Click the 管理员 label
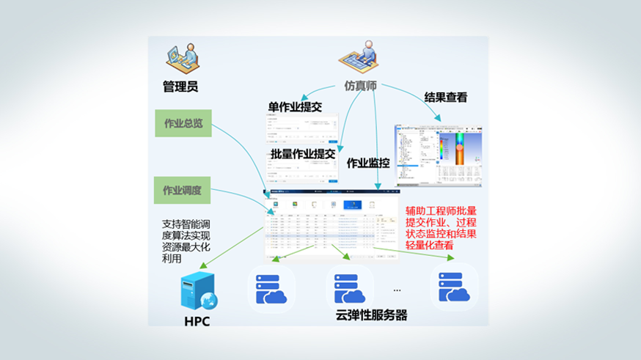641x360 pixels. [180, 87]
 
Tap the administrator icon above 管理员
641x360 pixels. [180, 59]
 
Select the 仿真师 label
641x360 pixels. [361, 86]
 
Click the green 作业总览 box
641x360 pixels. [183, 124]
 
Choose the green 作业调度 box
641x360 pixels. [183, 191]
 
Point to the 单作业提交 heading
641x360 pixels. [296, 107]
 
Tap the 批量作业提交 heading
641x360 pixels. [302, 154]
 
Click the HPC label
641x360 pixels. [197, 320]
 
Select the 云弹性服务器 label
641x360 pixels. [371, 316]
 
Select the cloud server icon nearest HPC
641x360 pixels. [271, 287]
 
